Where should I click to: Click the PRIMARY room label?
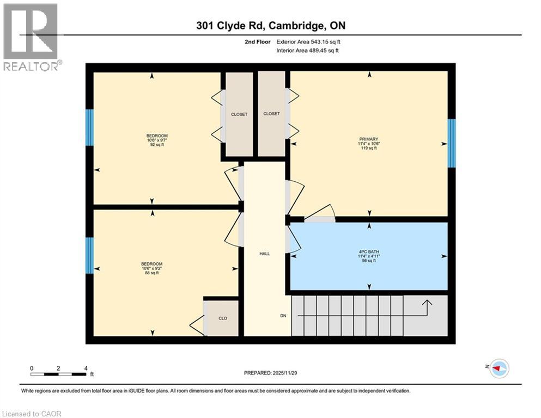[x=369, y=139]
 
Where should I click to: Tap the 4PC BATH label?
[x=369, y=251]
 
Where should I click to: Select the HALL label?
[x=265, y=254]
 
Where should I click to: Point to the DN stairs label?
[x=283, y=316]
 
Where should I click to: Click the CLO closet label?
[x=223, y=318]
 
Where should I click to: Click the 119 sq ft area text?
[x=369, y=149]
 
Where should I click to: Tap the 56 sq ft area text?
[x=369, y=261]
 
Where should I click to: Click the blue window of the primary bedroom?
[x=451, y=143]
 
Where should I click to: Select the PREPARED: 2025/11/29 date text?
[x=271, y=373]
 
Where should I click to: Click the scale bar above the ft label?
[x=58, y=374]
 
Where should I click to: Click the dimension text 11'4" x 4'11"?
[x=369, y=256]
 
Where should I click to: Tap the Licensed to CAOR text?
[x=32, y=414]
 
